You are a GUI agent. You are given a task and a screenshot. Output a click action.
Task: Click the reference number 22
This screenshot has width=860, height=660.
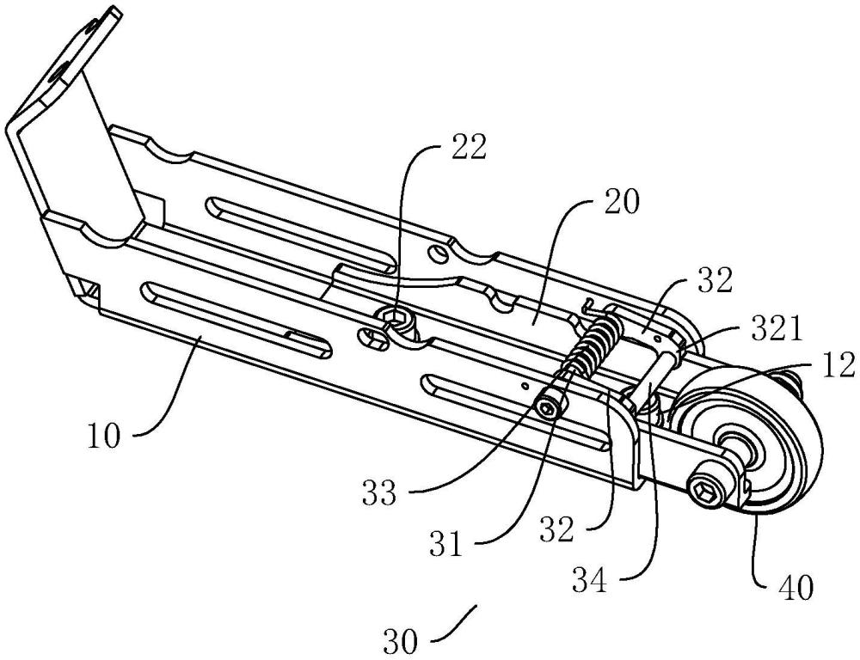(468, 147)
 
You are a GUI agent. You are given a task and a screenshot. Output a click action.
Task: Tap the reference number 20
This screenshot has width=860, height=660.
(622, 202)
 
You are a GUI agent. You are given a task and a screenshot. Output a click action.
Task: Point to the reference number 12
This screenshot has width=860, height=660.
(838, 365)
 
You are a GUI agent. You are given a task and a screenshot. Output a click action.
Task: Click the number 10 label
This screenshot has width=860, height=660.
(103, 437)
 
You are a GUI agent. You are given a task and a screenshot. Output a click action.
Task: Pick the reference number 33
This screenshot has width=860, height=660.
(378, 493)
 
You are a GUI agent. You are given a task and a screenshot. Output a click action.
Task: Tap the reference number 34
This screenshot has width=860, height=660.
(590, 581)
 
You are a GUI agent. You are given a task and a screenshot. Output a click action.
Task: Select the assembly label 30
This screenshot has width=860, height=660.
(401, 640)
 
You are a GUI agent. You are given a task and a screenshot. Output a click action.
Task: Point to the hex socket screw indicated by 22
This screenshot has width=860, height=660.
(393, 318)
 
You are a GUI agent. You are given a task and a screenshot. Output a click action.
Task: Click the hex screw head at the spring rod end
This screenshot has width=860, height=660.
(549, 409)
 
